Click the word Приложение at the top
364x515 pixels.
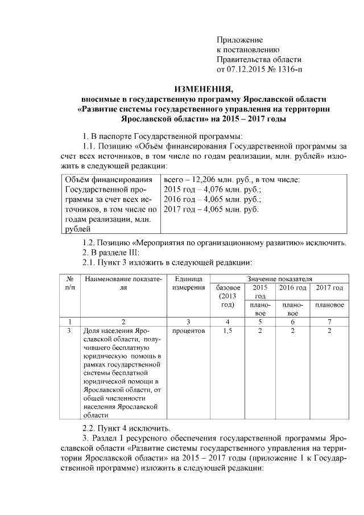239,40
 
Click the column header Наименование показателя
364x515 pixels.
122,283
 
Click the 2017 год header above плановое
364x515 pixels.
329,288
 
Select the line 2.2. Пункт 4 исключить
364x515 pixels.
126,428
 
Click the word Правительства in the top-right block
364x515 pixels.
243,60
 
